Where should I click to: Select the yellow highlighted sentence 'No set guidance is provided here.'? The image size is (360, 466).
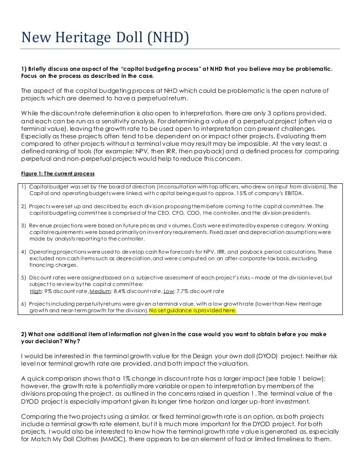193,311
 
